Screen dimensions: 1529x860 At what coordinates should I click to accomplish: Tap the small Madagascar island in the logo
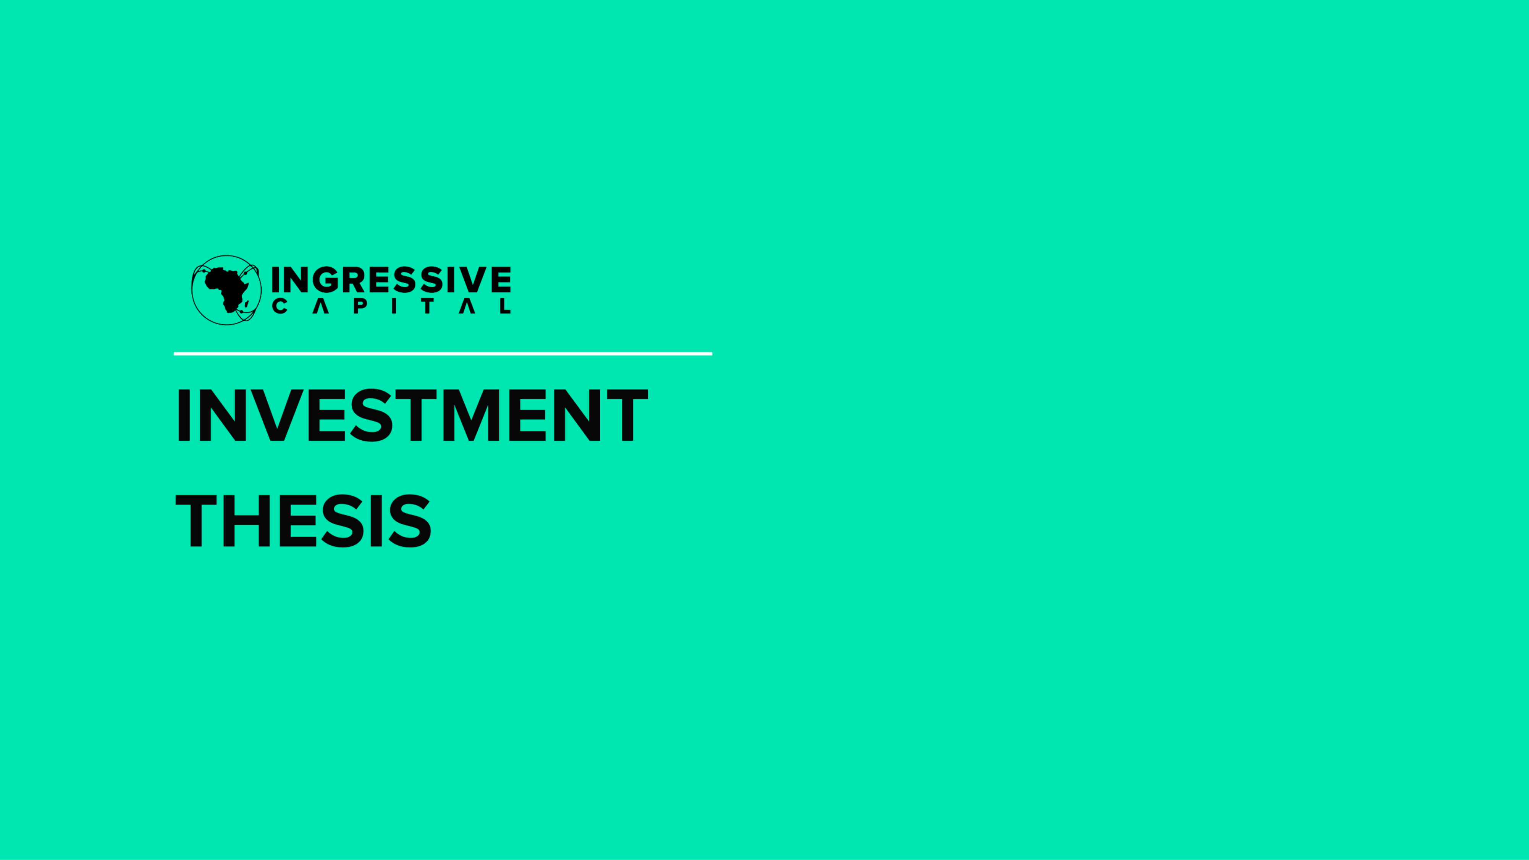pyautogui.click(x=246, y=303)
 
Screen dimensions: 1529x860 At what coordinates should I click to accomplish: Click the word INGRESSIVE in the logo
pyautogui.click(x=391, y=280)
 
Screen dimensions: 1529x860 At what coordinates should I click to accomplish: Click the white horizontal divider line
pyautogui.click(x=443, y=354)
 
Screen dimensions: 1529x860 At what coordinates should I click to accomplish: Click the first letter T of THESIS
pyautogui.click(x=196, y=521)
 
